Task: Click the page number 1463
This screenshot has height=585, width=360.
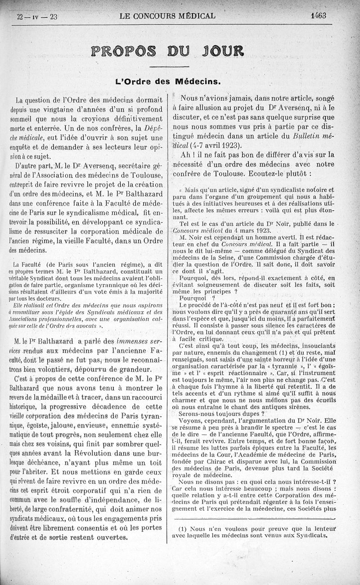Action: (318, 16)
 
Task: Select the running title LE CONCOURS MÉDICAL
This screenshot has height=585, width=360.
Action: (167, 17)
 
